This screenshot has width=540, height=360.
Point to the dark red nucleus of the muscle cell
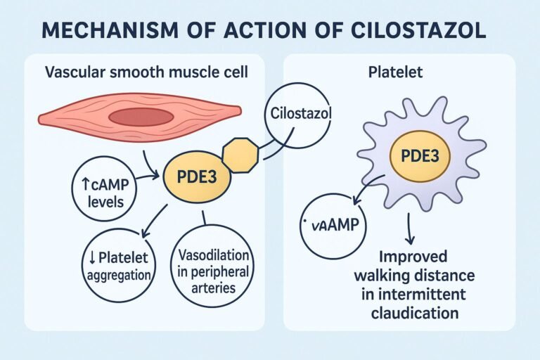[x=141, y=117]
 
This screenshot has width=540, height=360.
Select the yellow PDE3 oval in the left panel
[x=196, y=176]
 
